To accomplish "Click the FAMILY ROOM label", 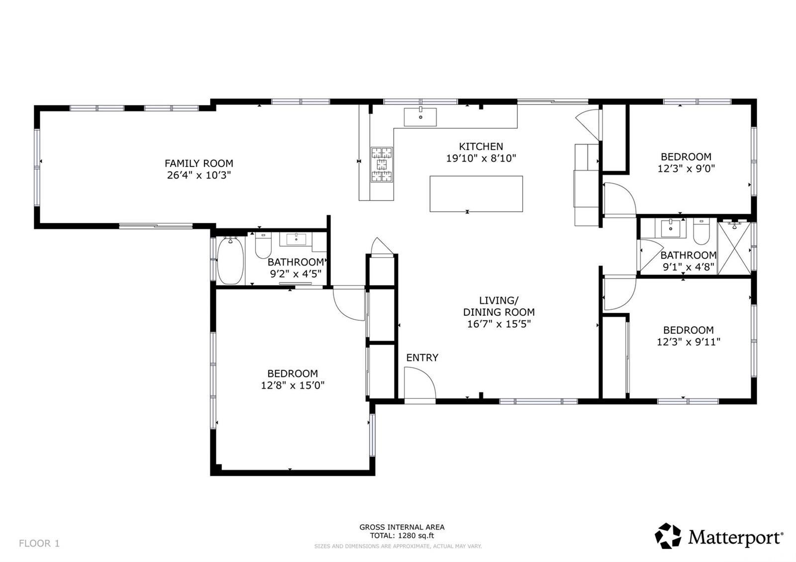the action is coord(199,164).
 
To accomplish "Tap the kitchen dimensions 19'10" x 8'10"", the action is coord(481,159).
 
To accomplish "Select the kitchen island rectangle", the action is coord(476,194).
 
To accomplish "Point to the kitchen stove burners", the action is coord(382,165).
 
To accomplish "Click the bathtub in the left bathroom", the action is coord(230,261).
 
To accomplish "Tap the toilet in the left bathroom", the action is coord(263,245).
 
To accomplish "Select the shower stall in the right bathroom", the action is coord(734,248).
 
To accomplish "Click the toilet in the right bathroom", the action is coord(701,231).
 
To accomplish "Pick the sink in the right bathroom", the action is coord(671,228).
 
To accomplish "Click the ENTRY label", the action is coord(422,358).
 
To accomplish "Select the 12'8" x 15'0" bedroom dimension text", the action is coord(293,385).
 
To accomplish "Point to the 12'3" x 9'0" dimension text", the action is coord(686,169).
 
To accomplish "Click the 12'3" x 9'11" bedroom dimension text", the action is coord(689,342).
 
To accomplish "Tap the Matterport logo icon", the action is coord(668,535).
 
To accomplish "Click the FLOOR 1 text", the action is coord(39,543).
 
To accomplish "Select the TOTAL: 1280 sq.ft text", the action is coord(402,536).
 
